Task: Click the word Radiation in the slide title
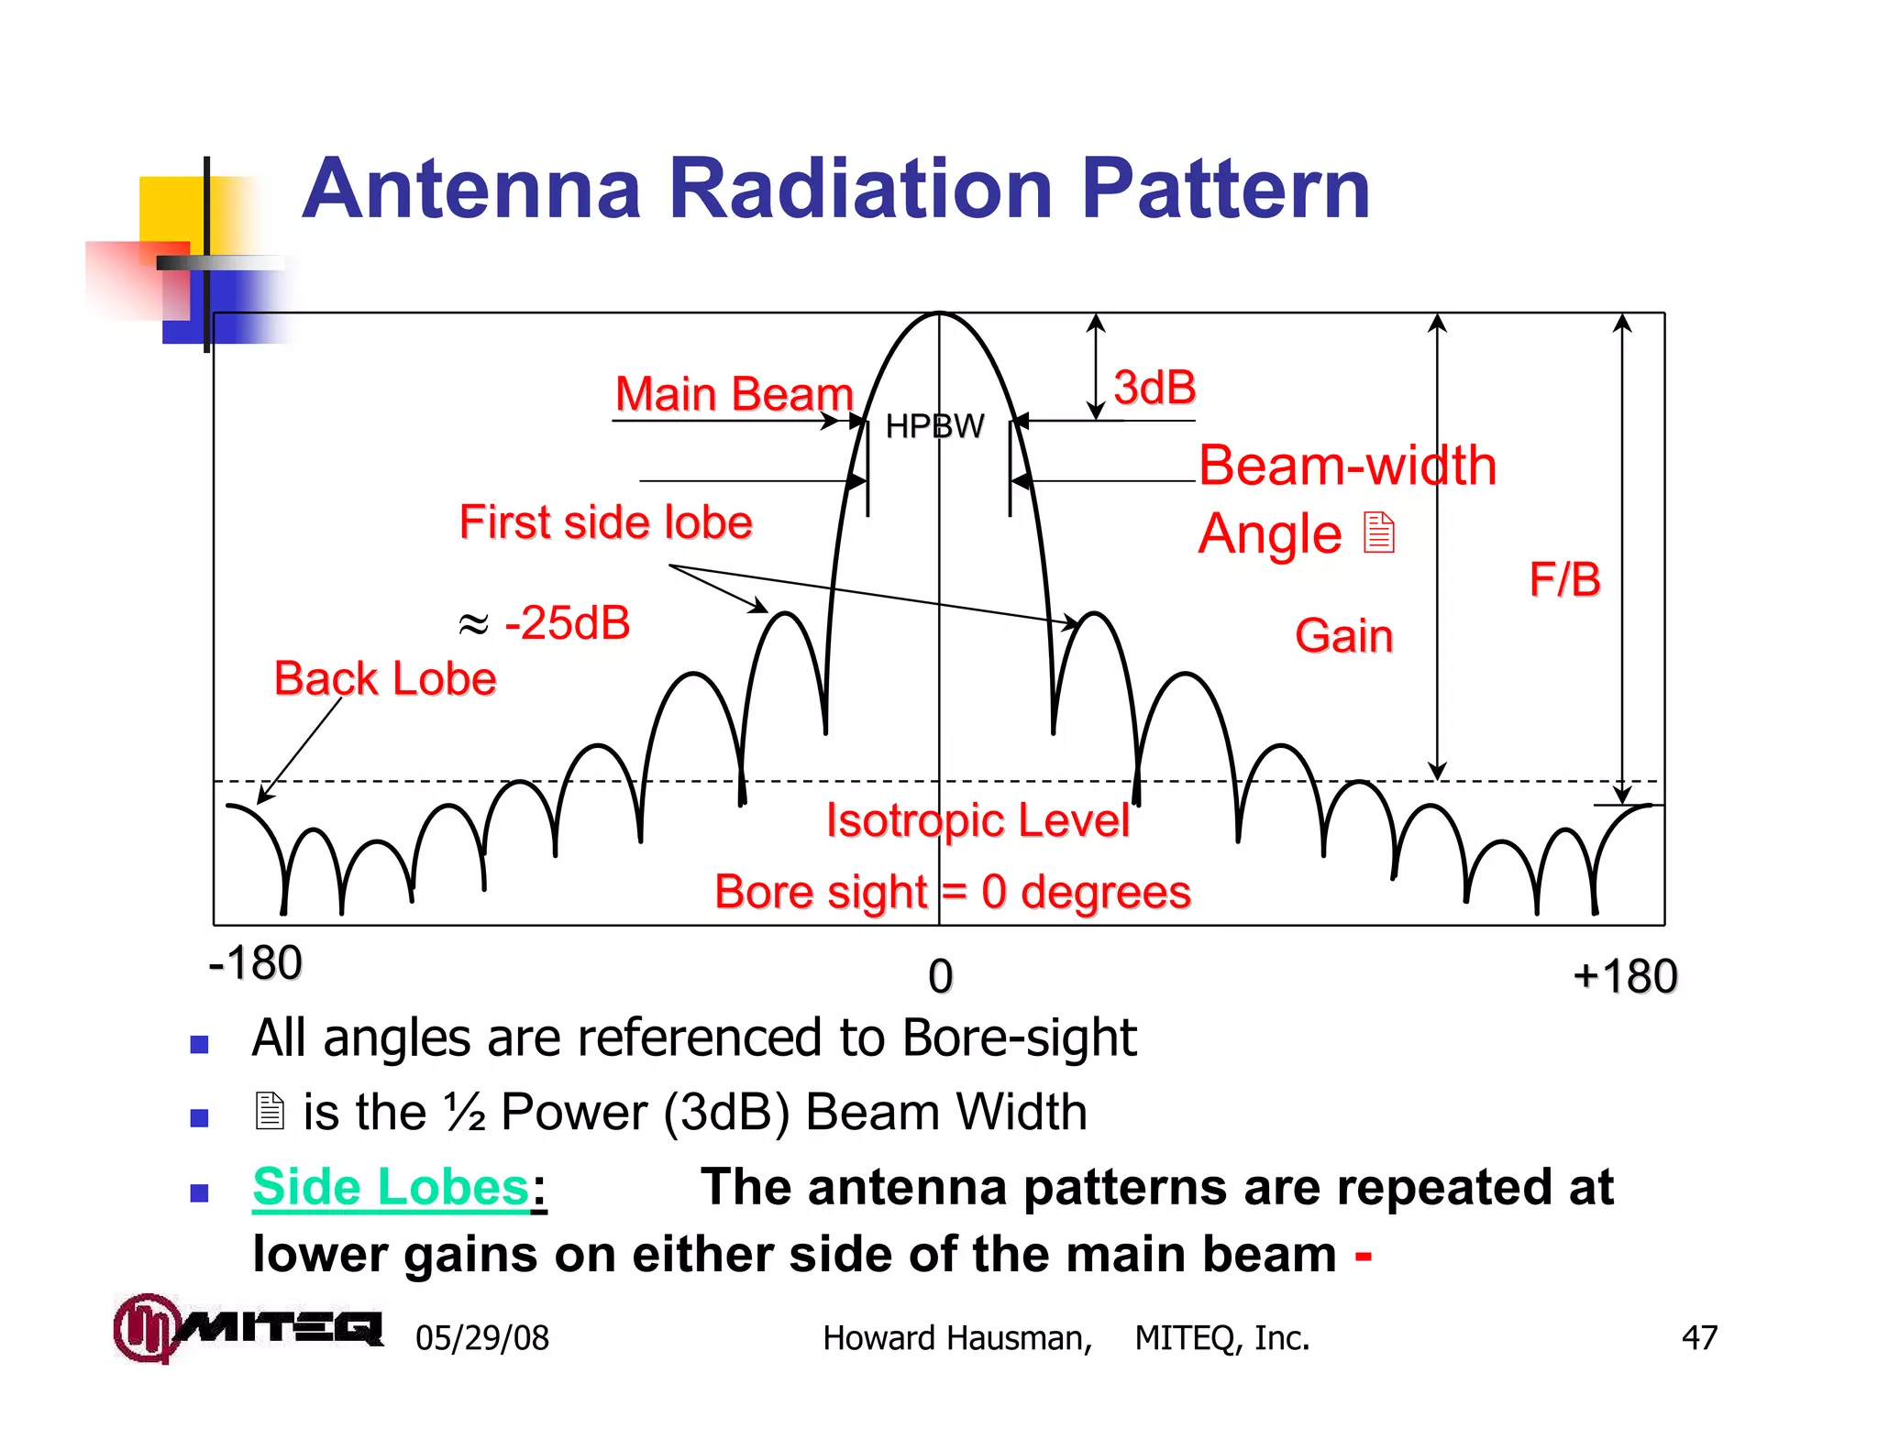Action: [860, 189]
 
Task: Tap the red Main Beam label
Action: [734, 394]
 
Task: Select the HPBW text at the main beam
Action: [934, 426]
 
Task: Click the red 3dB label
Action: [1154, 388]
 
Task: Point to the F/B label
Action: [1564, 579]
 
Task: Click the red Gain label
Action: [1343, 635]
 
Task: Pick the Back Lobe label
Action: [385, 679]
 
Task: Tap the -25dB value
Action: [567, 623]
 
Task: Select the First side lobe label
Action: [605, 522]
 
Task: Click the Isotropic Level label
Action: [978, 820]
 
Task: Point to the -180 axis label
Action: [255, 963]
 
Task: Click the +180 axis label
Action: [1624, 976]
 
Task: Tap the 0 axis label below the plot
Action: [940, 976]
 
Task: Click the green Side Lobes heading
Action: [392, 1187]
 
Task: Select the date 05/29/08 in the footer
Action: [482, 1338]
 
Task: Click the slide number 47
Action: [1698, 1337]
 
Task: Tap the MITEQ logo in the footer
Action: [248, 1327]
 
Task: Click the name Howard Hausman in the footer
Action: [956, 1338]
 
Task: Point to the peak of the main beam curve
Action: [939, 314]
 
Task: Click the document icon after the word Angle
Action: [1378, 533]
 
